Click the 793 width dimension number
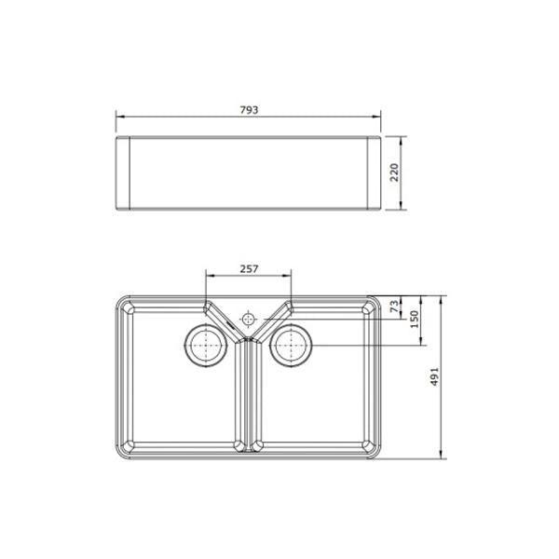[x=248, y=109]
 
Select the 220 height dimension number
[x=395, y=173]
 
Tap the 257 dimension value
[x=248, y=268]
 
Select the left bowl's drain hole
[x=205, y=347]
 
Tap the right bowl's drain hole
[x=291, y=347]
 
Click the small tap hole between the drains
[x=248, y=320]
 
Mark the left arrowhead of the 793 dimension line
[x=118, y=116]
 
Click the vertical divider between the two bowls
[x=248, y=391]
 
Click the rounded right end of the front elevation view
[x=375, y=173]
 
